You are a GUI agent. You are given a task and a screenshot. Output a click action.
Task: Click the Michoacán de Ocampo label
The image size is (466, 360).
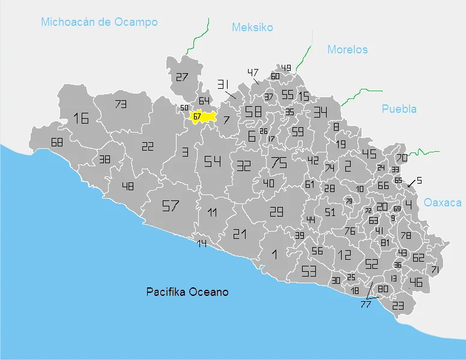(x=99, y=22)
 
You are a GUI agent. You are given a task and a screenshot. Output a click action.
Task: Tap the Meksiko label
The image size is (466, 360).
(x=252, y=28)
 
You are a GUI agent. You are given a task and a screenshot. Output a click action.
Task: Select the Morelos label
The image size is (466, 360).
(x=347, y=50)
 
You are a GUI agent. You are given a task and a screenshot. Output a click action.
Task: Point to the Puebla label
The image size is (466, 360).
(x=399, y=109)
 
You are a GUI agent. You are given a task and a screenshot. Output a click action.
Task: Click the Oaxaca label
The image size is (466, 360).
(x=443, y=203)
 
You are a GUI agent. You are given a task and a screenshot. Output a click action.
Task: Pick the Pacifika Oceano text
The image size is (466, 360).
(x=187, y=292)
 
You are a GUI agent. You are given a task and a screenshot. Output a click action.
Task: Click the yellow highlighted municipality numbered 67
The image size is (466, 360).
(x=203, y=116)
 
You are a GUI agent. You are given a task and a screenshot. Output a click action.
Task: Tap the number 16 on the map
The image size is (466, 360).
(x=81, y=118)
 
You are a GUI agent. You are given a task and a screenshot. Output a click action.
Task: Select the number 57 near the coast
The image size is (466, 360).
(x=171, y=206)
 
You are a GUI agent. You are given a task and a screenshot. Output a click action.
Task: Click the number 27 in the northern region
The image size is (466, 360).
(x=182, y=77)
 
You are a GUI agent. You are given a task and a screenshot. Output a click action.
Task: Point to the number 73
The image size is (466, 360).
(x=121, y=104)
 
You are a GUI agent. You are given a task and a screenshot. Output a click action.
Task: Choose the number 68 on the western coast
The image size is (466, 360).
(x=57, y=143)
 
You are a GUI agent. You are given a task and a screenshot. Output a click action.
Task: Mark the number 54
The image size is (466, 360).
(x=212, y=161)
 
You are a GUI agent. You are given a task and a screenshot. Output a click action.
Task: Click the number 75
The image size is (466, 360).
(x=279, y=163)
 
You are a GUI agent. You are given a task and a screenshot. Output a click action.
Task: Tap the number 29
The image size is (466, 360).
(x=276, y=211)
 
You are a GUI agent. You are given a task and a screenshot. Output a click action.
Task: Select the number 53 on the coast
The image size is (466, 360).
(x=309, y=271)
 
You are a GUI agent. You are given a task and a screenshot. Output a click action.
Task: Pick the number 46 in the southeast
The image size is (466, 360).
(x=416, y=282)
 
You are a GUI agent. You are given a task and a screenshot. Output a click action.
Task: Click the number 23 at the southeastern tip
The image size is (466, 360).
(x=398, y=305)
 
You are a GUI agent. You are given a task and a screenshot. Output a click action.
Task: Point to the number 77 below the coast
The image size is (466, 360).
(x=366, y=305)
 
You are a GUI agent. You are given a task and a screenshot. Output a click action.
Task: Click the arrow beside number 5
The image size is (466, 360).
(x=411, y=184)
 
